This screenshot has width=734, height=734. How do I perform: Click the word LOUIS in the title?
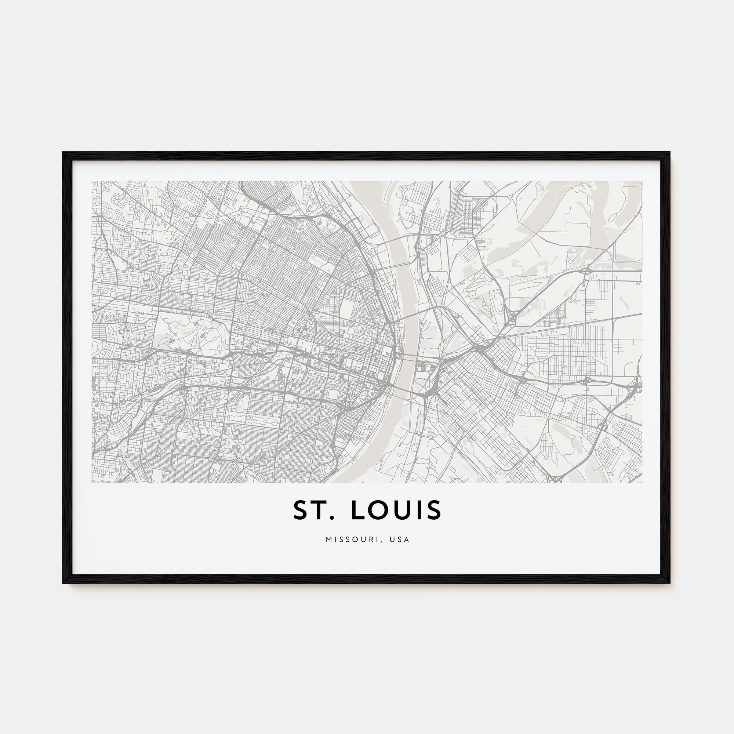point(396,510)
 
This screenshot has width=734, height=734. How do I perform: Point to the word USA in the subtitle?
point(400,539)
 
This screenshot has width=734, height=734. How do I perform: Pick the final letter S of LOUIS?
point(435,510)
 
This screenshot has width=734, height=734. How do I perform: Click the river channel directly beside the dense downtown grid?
point(407,357)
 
